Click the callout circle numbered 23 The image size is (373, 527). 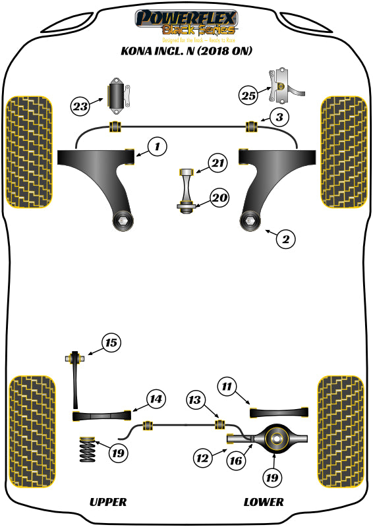80,105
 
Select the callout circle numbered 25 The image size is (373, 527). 248,96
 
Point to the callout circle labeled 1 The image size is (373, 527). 157,147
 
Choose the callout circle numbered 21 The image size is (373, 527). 217,163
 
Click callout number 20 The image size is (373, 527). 219,197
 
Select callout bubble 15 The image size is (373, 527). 111,343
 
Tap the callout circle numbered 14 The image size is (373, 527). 155,399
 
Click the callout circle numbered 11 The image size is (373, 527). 227,387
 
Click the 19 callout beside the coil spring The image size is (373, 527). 118,453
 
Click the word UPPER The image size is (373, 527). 107,502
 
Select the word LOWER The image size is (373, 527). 264,502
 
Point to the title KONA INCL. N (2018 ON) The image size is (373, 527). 186,51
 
